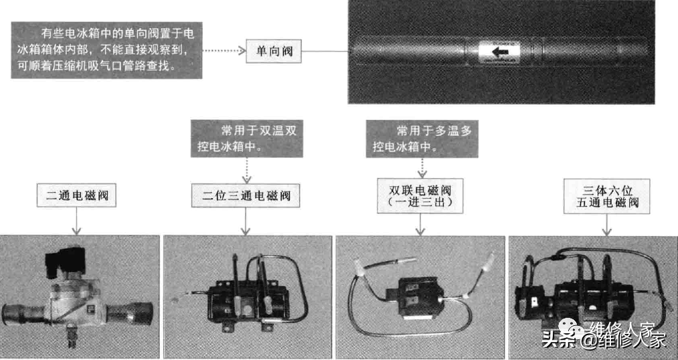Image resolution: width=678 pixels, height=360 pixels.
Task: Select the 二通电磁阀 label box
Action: [x=76, y=197]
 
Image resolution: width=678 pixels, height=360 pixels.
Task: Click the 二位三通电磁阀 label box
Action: [x=247, y=197]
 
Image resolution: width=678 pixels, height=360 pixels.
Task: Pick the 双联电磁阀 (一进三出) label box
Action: [x=420, y=195]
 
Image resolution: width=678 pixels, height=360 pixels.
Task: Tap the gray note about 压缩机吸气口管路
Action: [x=106, y=50]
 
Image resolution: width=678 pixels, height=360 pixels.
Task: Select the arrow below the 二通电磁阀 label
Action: [x=76, y=221]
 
